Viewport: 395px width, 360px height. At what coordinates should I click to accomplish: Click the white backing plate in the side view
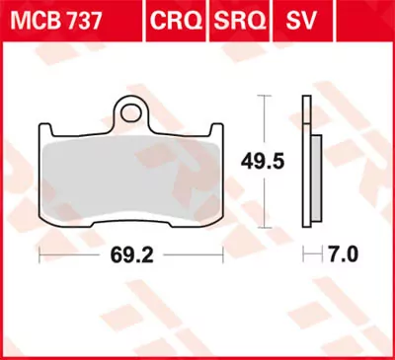click(x=305, y=168)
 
